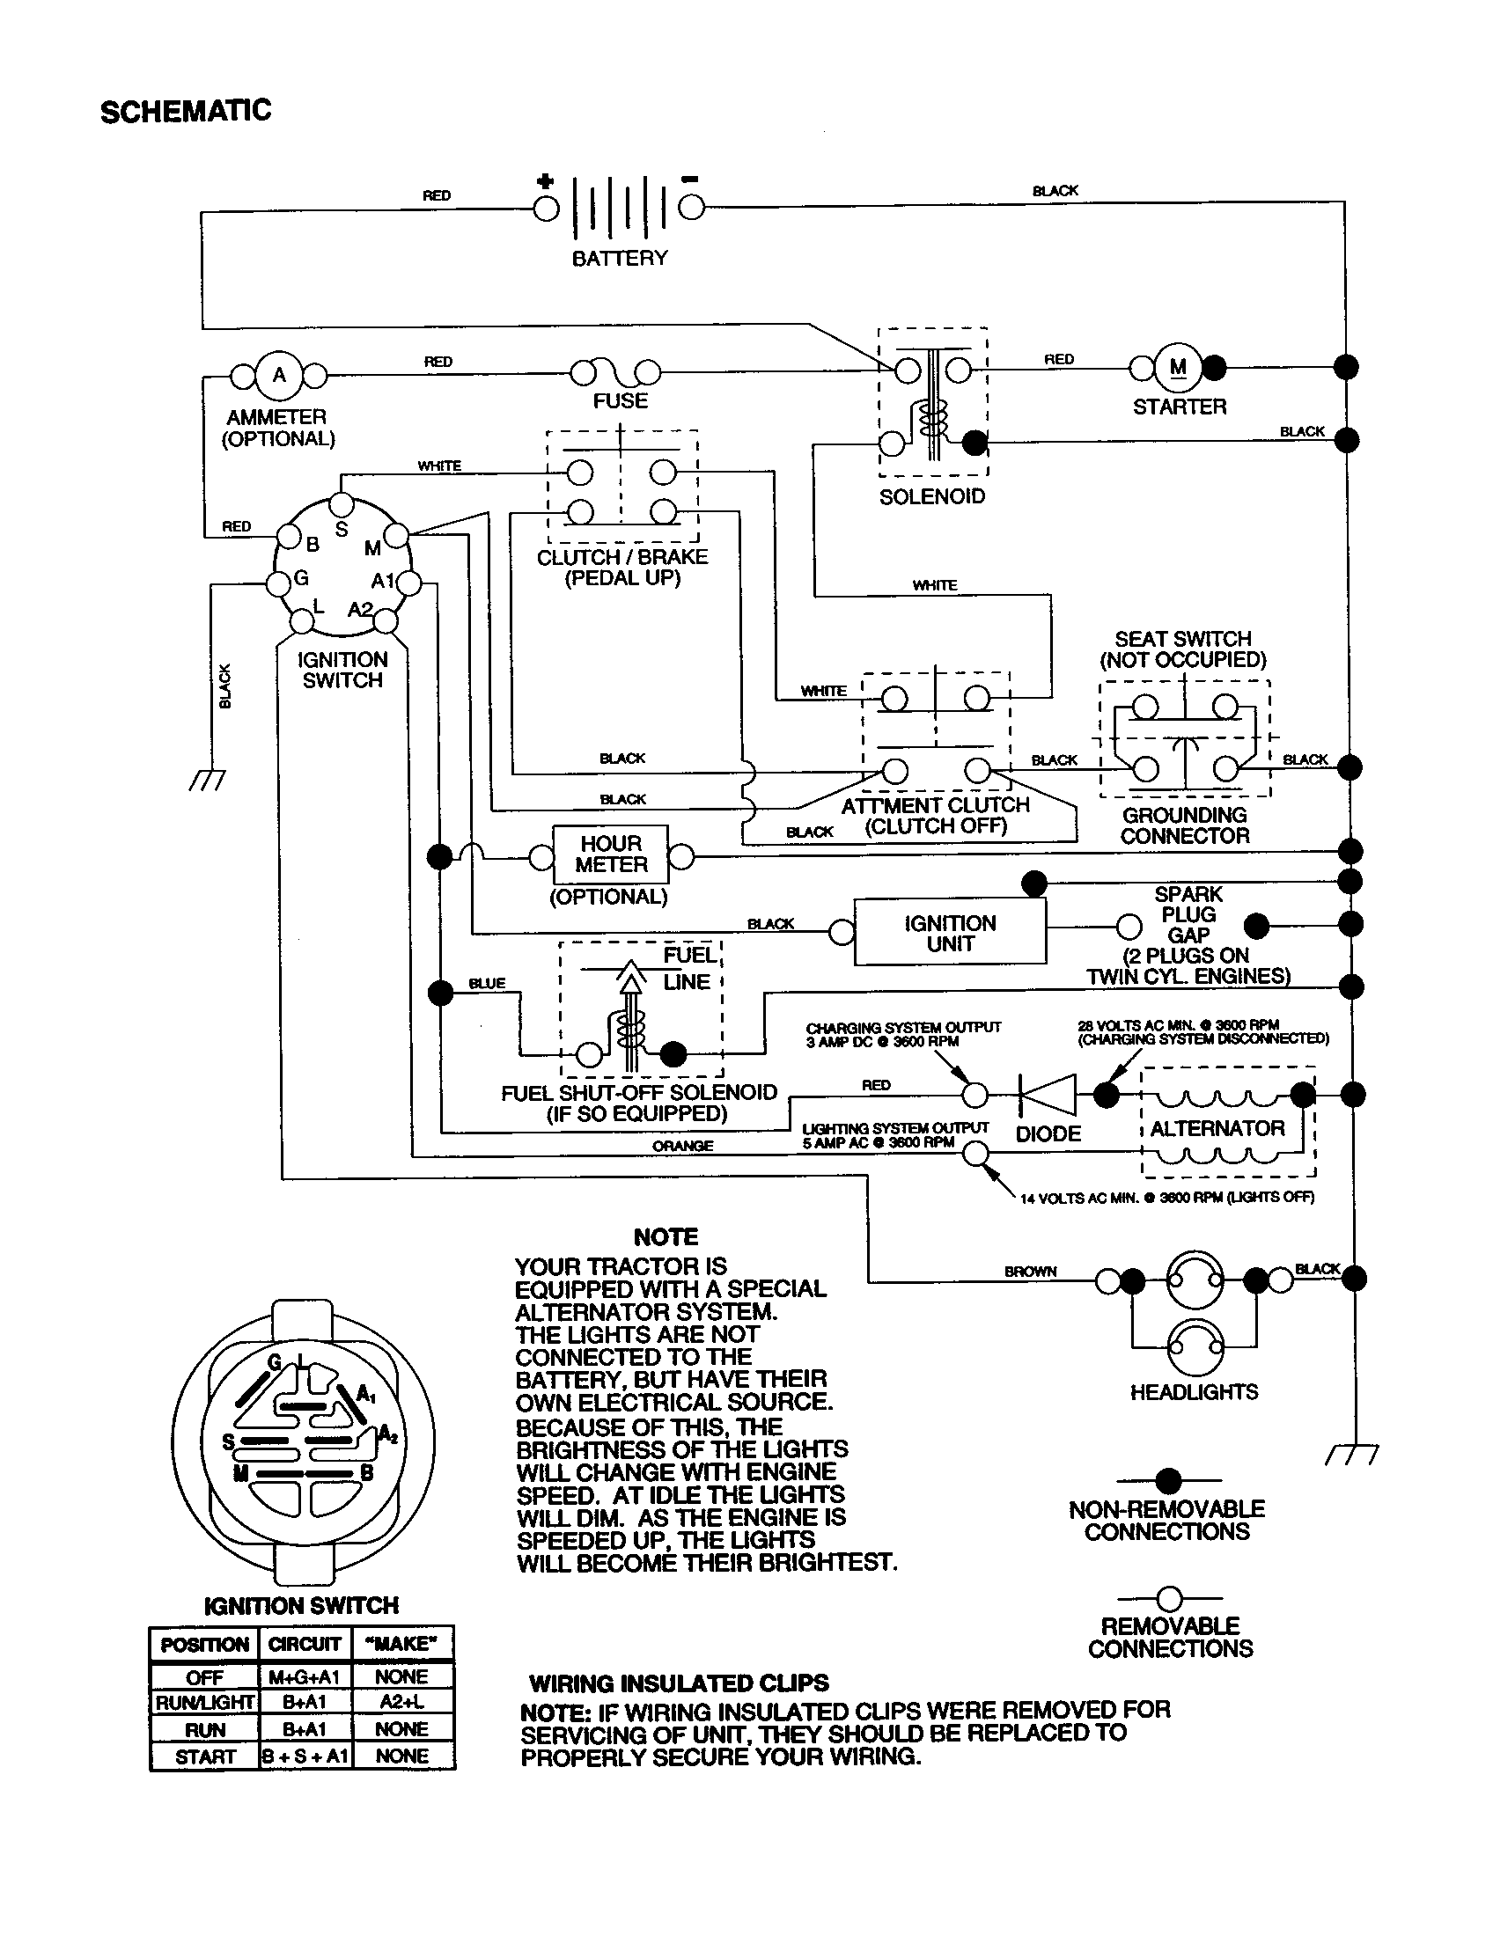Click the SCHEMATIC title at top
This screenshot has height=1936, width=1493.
click(185, 112)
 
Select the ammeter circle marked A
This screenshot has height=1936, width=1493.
click(279, 375)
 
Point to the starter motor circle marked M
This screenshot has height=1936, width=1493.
click(1178, 367)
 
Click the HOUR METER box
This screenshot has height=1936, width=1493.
click(610, 854)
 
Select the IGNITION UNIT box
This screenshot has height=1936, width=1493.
click(950, 933)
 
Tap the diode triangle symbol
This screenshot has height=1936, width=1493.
click(1048, 1095)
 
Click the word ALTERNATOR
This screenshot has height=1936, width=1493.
click(1217, 1128)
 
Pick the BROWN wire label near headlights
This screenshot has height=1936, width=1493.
click(1030, 1272)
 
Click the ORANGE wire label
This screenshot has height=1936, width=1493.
click(681, 1145)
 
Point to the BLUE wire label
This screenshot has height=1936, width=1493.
click(487, 983)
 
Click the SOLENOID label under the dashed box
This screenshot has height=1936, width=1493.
click(931, 496)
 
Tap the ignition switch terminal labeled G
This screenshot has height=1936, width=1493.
click(279, 583)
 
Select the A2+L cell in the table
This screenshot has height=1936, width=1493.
click(402, 1701)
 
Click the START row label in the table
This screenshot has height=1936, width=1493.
click(205, 1756)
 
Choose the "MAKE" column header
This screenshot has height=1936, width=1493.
click(402, 1644)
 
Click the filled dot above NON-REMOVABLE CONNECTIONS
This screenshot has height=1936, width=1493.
click(1168, 1479)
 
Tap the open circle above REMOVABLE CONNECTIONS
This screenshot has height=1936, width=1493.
click(1169, 1598)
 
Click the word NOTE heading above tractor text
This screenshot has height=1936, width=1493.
click(666, 1236)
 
